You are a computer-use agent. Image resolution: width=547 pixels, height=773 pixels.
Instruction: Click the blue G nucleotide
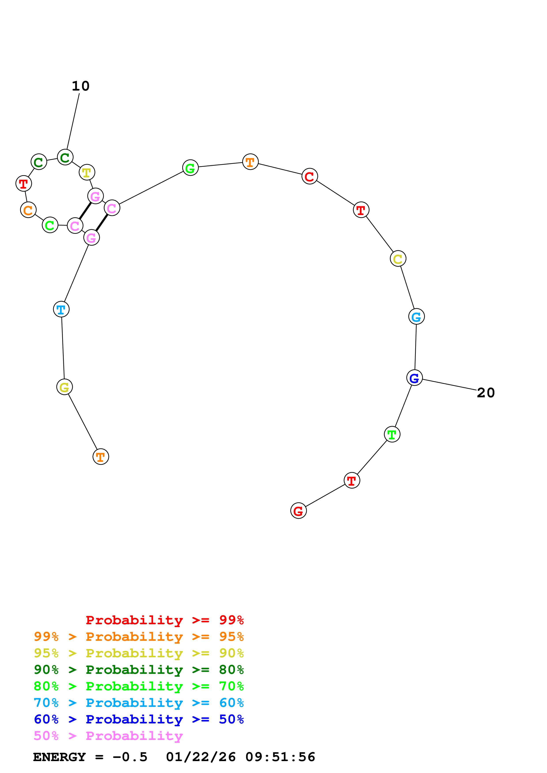pyautogui.click(x=414, y=378)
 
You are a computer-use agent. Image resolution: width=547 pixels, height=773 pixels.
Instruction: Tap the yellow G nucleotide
pyautogui.click(x=64, y=387)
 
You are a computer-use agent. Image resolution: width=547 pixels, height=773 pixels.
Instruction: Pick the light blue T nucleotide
pyautogui.click(x=61, y=309)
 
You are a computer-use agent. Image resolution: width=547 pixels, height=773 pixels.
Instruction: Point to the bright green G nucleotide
pyautogui.click(x=190, y=168)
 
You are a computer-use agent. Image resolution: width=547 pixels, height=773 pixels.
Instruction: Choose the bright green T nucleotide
pyautogui.click(x=392, y=434)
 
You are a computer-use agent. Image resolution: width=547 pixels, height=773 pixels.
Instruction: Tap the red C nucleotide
pyautogui.click(x=309, y=176)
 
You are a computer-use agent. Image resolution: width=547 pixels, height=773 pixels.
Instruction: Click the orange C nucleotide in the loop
pyautogui.click(x=28, y=210)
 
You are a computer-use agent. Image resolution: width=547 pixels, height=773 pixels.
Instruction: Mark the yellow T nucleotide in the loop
pyautogui.click(x=87, y=172)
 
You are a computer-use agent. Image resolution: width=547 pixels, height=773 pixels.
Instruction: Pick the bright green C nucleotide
pyautogui.click(x=50, y=225)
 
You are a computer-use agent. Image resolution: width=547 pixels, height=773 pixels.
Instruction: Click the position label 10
pyautogui.click(x=81, y=86)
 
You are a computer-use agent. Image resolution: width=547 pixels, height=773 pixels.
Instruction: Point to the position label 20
pyautogui.click(x=486, y=393)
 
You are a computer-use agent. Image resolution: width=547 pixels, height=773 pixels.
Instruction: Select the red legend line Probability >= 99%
pyautogui.click(x=164, y=620)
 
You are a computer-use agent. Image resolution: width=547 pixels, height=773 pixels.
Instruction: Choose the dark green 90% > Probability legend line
pyautogui.click(x=139, y=670)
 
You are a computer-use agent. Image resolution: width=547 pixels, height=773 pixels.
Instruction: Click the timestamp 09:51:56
pyautogui.click(x=280, y=757)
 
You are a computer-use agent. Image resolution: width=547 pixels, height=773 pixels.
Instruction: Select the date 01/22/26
pyautogui.click(x=201, y=757)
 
